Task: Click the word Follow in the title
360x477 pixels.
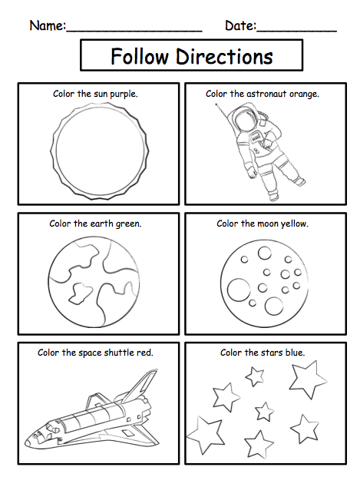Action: point(139,56)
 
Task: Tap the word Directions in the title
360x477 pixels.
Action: point(224,56)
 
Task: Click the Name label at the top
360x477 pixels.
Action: point(48,25)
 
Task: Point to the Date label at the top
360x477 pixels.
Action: point(240,25)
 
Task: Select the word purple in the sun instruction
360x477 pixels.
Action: point(124,94)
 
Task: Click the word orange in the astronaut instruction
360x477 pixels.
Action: point(304,94)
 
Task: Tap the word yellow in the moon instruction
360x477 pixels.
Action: point(294,224)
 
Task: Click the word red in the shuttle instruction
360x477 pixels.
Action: point(145,353)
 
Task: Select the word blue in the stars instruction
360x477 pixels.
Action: point(295,353)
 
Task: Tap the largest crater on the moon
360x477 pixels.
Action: point(239,290)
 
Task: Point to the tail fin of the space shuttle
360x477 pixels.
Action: point(143,383)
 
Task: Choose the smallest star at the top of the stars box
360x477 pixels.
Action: point(255,376)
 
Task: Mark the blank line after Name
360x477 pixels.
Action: point(134,31)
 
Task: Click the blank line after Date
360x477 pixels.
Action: point(296,31)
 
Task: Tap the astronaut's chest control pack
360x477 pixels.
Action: point(256,137)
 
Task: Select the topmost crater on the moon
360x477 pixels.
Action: point(265,253)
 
